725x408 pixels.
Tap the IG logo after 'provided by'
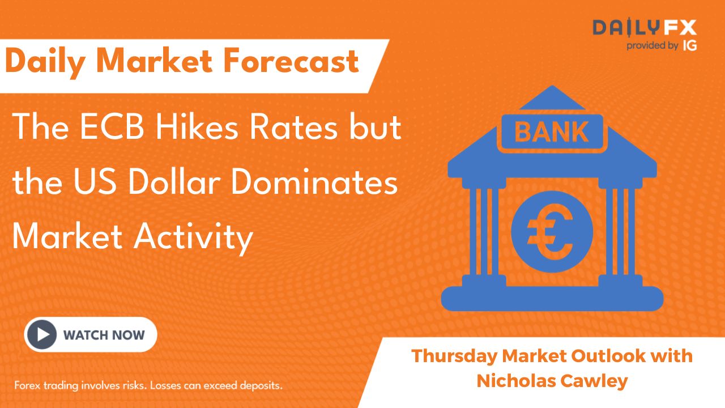[x=690, y=46]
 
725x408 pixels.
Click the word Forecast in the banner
[x=291, y=61]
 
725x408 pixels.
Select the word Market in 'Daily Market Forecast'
[x=154, y=61]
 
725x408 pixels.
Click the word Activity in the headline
[x=193, y=238]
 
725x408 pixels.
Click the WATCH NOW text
[x=104, y=335]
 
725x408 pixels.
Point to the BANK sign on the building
[x=552, y=132]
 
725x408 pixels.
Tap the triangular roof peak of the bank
[x=552, y=97]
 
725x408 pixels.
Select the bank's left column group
[x=484, y=232]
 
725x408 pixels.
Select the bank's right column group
[x=620, y=232]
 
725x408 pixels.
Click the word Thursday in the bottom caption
[x=454, y=356]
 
